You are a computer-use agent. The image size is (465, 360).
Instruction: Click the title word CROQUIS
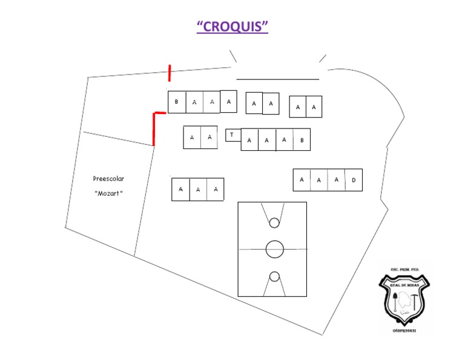(x=232, y=27)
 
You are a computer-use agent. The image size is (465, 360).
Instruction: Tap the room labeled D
(x=354, y=180)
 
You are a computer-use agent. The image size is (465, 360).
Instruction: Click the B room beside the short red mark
(x=176, y=102)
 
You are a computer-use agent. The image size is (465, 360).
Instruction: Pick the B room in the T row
(x=302, y=140)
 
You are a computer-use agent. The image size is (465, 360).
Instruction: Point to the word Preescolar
(x=108, y=179)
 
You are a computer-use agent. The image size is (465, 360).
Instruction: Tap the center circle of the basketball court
(x=274, y=248)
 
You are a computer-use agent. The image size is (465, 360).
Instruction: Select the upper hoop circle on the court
(x=274, y=223)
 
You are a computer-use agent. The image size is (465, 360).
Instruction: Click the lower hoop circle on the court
(x=274, y=276)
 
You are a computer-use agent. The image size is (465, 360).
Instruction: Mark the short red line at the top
(x=170, y=73)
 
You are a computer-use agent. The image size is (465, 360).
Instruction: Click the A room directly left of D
(x=336, y=180)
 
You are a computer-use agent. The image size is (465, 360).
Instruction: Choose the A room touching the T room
(x=249, y=140)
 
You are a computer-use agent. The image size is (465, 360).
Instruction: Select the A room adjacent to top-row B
(x=194, y=102)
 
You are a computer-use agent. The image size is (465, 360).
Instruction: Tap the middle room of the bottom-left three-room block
(x=198, y=190)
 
